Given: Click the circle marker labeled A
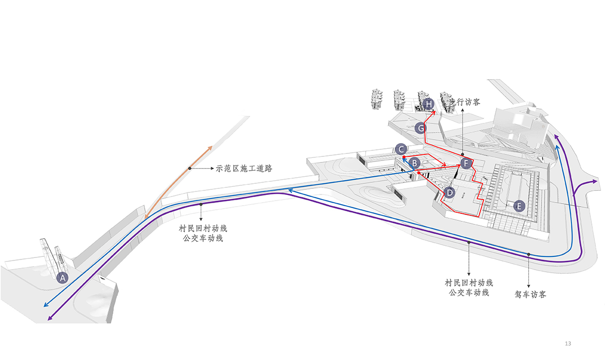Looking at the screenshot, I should (x=62, y=278).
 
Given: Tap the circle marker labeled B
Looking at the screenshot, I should (x=415, y=163).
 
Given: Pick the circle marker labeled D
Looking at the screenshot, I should (x=449, y=192).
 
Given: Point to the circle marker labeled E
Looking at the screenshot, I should (x=519, y=206).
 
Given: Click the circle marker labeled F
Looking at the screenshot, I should (x=466, y=163).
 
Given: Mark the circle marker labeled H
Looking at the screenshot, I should (x=429, y=105).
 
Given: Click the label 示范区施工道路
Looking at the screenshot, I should (x=244, y=168).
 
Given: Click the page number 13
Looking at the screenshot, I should (x=568, y=344).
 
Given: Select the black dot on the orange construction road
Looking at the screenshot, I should (x=189, y=168).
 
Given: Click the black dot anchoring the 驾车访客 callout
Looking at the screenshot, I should (x=529, y=254).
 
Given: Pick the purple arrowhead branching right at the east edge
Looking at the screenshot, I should (x=596, y=181).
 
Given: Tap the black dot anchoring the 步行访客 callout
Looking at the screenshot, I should (x=462, y=154).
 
